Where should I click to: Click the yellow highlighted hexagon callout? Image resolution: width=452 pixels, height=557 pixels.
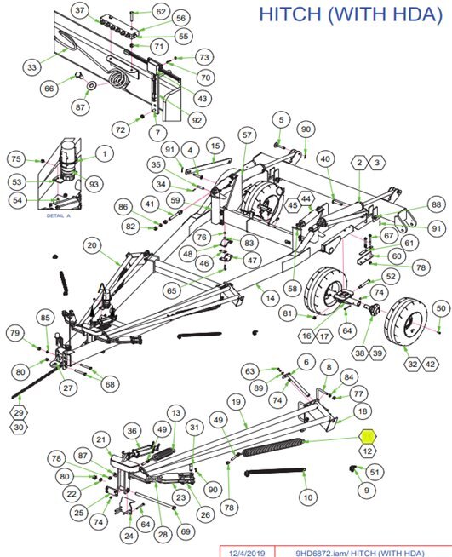(x=368, y=436)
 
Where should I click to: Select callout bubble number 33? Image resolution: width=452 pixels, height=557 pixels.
(x=32, y=67)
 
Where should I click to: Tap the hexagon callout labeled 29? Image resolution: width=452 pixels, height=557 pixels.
(x=19, y=413)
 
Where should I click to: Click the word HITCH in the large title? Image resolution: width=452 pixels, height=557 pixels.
(x=290, y=14)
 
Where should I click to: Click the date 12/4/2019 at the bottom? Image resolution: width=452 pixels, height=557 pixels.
(x=247, y=553)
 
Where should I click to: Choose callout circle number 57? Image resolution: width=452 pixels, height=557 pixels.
(x=247, y=135)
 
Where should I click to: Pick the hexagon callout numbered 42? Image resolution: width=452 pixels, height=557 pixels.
(x=430, y=365)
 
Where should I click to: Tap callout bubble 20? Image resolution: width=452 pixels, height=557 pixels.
(x=92, y=245)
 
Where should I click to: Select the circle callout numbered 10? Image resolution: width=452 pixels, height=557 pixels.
(x=308, y=497)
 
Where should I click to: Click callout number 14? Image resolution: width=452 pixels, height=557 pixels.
(x=271, y=298)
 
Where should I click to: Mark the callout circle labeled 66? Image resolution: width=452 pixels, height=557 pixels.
(x=49, y=88)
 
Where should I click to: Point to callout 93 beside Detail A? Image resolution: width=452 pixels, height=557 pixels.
(x=94, y=184)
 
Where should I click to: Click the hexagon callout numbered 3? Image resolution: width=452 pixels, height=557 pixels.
(x=377, y=163)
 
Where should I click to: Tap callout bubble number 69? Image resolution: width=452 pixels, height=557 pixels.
(x=186, y=531)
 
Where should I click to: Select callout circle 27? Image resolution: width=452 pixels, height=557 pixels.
(x=68, y=388)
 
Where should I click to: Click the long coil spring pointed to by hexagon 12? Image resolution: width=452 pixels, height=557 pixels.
(x=272, y=447)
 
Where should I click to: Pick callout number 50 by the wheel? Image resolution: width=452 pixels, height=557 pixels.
(x=441, y=308)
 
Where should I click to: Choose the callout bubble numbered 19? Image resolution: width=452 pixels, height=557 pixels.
(x=236, y=402)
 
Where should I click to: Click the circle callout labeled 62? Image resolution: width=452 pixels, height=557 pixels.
(x=161, y=12)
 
